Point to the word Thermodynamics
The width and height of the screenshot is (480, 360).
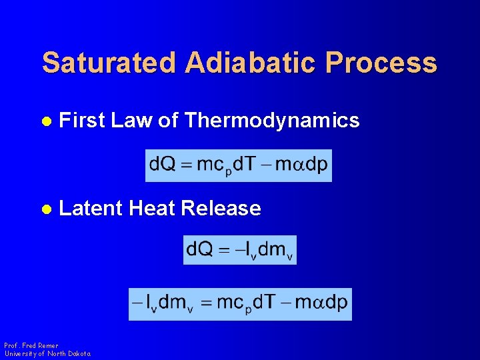pos(272,121)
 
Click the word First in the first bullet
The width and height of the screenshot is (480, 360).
pos(82,121)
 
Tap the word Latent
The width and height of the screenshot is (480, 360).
pos(91,209)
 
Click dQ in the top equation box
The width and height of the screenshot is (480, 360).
pos(163,165)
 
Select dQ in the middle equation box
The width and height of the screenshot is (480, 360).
pos(201,249)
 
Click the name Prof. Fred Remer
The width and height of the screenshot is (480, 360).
pos(31,346)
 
